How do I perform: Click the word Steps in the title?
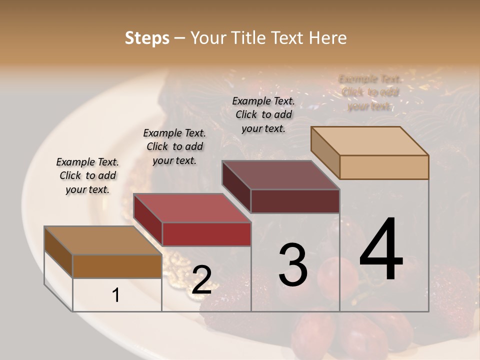147,38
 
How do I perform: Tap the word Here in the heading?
327,38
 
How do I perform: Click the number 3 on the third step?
292,265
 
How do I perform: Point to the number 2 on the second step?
201,280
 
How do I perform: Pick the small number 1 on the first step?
116,295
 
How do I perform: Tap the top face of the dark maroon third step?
281,175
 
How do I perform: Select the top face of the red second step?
192,208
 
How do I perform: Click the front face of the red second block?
206,234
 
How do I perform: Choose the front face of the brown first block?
117,266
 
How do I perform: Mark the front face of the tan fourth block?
384,167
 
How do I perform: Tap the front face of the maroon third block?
295,201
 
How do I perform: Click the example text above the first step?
87,175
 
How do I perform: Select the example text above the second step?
174,146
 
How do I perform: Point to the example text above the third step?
263,114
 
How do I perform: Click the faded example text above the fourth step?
370,92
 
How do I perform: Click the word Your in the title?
209,38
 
